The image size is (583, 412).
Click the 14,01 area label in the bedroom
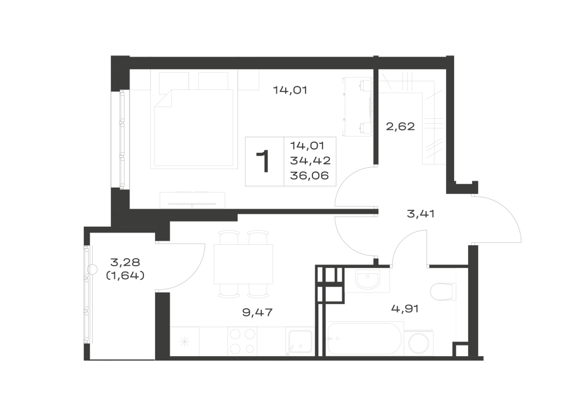coord(290,90)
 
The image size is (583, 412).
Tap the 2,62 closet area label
coord(401,126)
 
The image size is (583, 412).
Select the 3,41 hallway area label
coord(421,214)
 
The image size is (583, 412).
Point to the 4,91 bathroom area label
coord(405,308)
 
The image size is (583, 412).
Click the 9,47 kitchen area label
coord(257,312)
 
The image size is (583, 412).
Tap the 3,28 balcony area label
coord(125,262)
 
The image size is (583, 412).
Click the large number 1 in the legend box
coord(264,161)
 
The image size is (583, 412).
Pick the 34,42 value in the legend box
coord(311,160)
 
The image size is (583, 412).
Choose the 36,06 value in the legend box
coord(310,175)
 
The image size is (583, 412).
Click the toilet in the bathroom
coord(443,291)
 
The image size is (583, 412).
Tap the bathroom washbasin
coord(367,279)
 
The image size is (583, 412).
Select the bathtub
coord(364,339)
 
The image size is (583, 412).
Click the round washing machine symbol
coord(419,343)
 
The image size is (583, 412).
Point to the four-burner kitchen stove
coord(243,341)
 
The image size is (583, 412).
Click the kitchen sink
coord(299,341)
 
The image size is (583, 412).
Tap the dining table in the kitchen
coord(244,264)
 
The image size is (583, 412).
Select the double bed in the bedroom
coord(194,128)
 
